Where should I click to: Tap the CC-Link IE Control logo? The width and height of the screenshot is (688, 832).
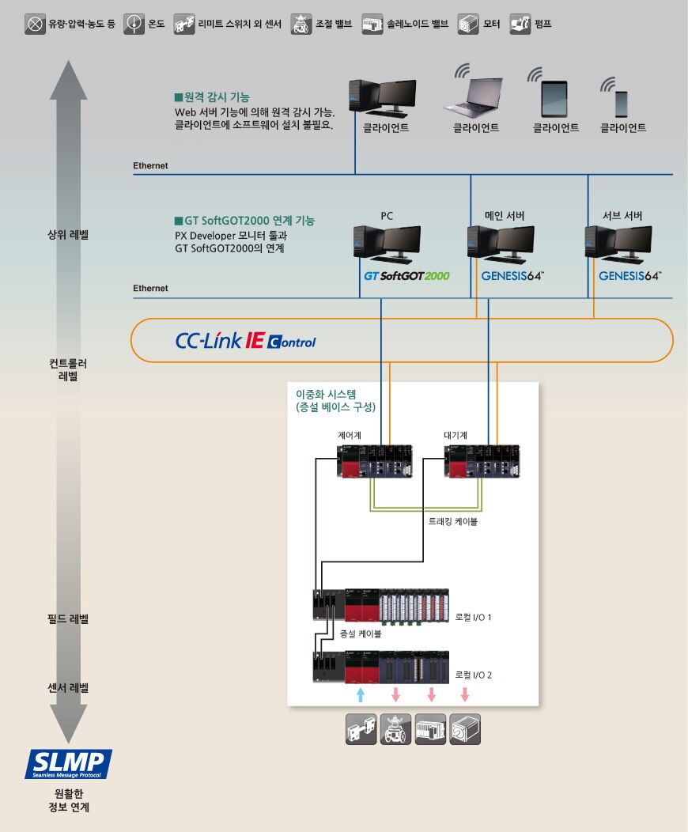pyautogui.click(x=245, y=341)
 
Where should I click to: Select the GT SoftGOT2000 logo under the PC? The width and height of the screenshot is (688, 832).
pyautogui.click(x=406, y=276)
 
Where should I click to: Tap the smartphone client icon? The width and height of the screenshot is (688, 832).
pyautogui.click(x=622, y=103)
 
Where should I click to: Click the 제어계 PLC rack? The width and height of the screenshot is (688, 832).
pyautogui.click(x=372, y=462)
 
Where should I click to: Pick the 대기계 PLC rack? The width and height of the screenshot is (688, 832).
pyautogui.click(x=479, y=462)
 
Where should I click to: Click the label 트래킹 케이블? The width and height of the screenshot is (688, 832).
pyautogui.click(x=447, y=522)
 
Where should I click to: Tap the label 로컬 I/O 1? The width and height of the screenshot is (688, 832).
pyautogui.click(x=474, y=617)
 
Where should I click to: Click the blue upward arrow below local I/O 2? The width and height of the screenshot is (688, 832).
pyautogui.click(x=361, y=694)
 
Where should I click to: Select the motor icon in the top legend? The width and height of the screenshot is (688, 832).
pyautogui.click(x=468, y=24)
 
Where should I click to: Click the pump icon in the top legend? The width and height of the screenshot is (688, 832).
pyautogui.click(x=520, y=24)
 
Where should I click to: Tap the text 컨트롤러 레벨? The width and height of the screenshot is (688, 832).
pyautogui.click(x=68, y=370)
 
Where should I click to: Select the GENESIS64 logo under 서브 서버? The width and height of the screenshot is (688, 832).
pyautogui.click(x=630, y=276)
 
